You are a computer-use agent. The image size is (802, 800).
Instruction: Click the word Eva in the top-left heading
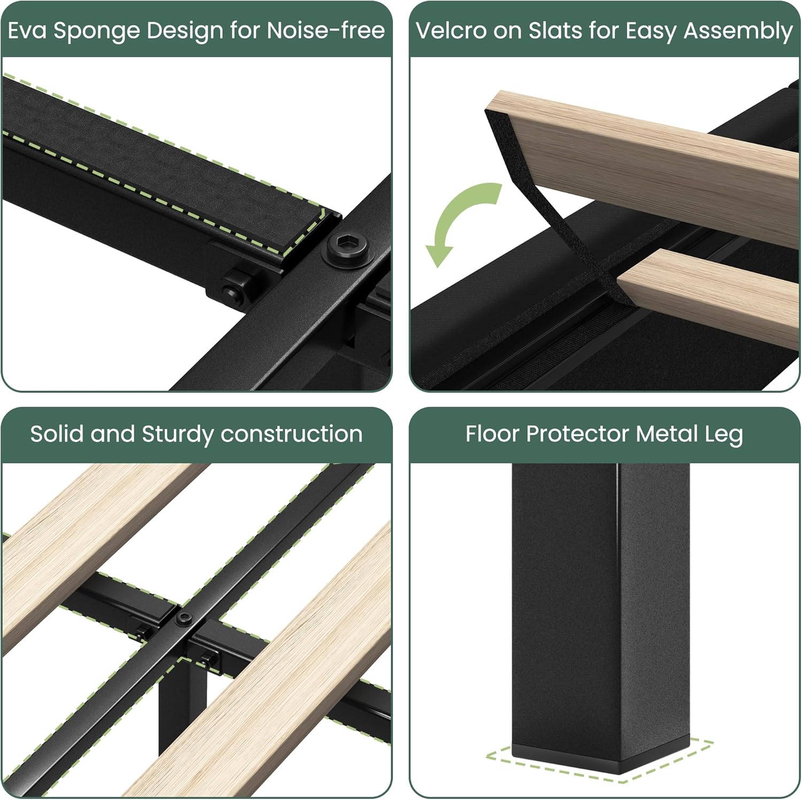[x=28, y=30]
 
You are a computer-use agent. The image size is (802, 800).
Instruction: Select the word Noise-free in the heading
[x=326, y=30]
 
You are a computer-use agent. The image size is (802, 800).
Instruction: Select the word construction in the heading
[x=291, y=434]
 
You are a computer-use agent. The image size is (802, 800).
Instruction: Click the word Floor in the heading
[x=492, y=433]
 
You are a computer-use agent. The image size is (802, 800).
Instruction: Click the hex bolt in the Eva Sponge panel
[x=350, y=249]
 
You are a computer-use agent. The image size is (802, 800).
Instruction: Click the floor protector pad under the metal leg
[x=601, y=759]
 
